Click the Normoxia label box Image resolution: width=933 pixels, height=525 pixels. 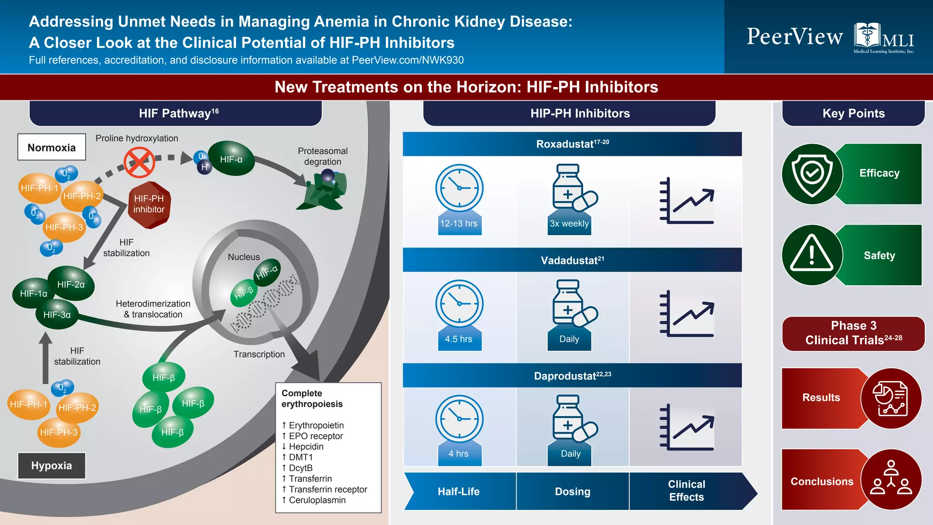(x=51, y=147)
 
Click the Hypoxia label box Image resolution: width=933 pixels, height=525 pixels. (x=51, y=465)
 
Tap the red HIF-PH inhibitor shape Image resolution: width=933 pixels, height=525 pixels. (x=149, y=205)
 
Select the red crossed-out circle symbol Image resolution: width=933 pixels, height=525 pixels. (x=139, y=162)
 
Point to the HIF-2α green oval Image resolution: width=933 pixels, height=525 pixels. (x=71, y=284)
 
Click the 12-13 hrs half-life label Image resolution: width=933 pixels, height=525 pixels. (x=459, y=223)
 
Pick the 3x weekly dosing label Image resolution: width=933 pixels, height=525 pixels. (x=569, y=223)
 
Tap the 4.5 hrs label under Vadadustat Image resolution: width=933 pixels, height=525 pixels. (x=459, y=339)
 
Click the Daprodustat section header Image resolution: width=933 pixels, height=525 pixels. (x=572, y=376)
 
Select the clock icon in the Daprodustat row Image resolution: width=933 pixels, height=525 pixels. (x=459, y=419)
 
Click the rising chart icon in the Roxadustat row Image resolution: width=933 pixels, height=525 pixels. (x=687, y=201)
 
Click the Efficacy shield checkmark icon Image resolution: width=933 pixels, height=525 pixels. (x=812, y=174)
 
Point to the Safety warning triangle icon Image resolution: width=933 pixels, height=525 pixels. (x=812, y=255)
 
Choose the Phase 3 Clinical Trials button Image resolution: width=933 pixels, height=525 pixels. (x=853, y=333)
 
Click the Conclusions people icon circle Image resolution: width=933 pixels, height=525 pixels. (x=891, y=479)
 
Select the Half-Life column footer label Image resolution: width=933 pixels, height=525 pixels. (x=459, y=491)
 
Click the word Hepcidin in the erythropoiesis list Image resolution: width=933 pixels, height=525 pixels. (x=306, y=447)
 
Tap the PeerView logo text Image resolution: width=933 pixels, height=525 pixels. (x=795, y=36)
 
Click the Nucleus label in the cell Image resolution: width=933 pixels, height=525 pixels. (x=244, y=257)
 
